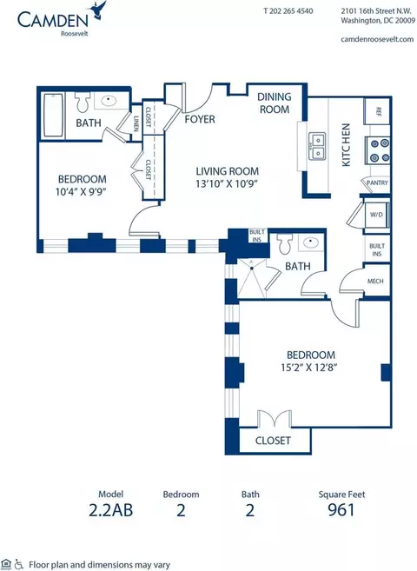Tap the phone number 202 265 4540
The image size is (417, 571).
292,11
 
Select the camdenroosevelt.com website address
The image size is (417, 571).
377,39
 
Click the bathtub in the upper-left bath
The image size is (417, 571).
53,115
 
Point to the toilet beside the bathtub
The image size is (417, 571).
83,102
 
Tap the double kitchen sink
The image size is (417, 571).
318,146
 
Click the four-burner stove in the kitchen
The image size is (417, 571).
380,150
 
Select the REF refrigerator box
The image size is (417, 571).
377,111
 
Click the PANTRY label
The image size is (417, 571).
377,183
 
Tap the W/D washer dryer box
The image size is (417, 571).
377,215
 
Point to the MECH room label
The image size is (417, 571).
375,281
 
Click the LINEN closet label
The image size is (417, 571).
136,123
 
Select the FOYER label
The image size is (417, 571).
200,119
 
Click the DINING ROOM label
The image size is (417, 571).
275,103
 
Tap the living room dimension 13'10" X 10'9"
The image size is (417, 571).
227,183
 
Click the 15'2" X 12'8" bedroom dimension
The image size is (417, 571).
309,368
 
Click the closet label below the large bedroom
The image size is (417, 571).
273,441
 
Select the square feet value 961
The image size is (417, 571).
341,510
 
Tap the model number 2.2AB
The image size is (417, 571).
110,510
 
